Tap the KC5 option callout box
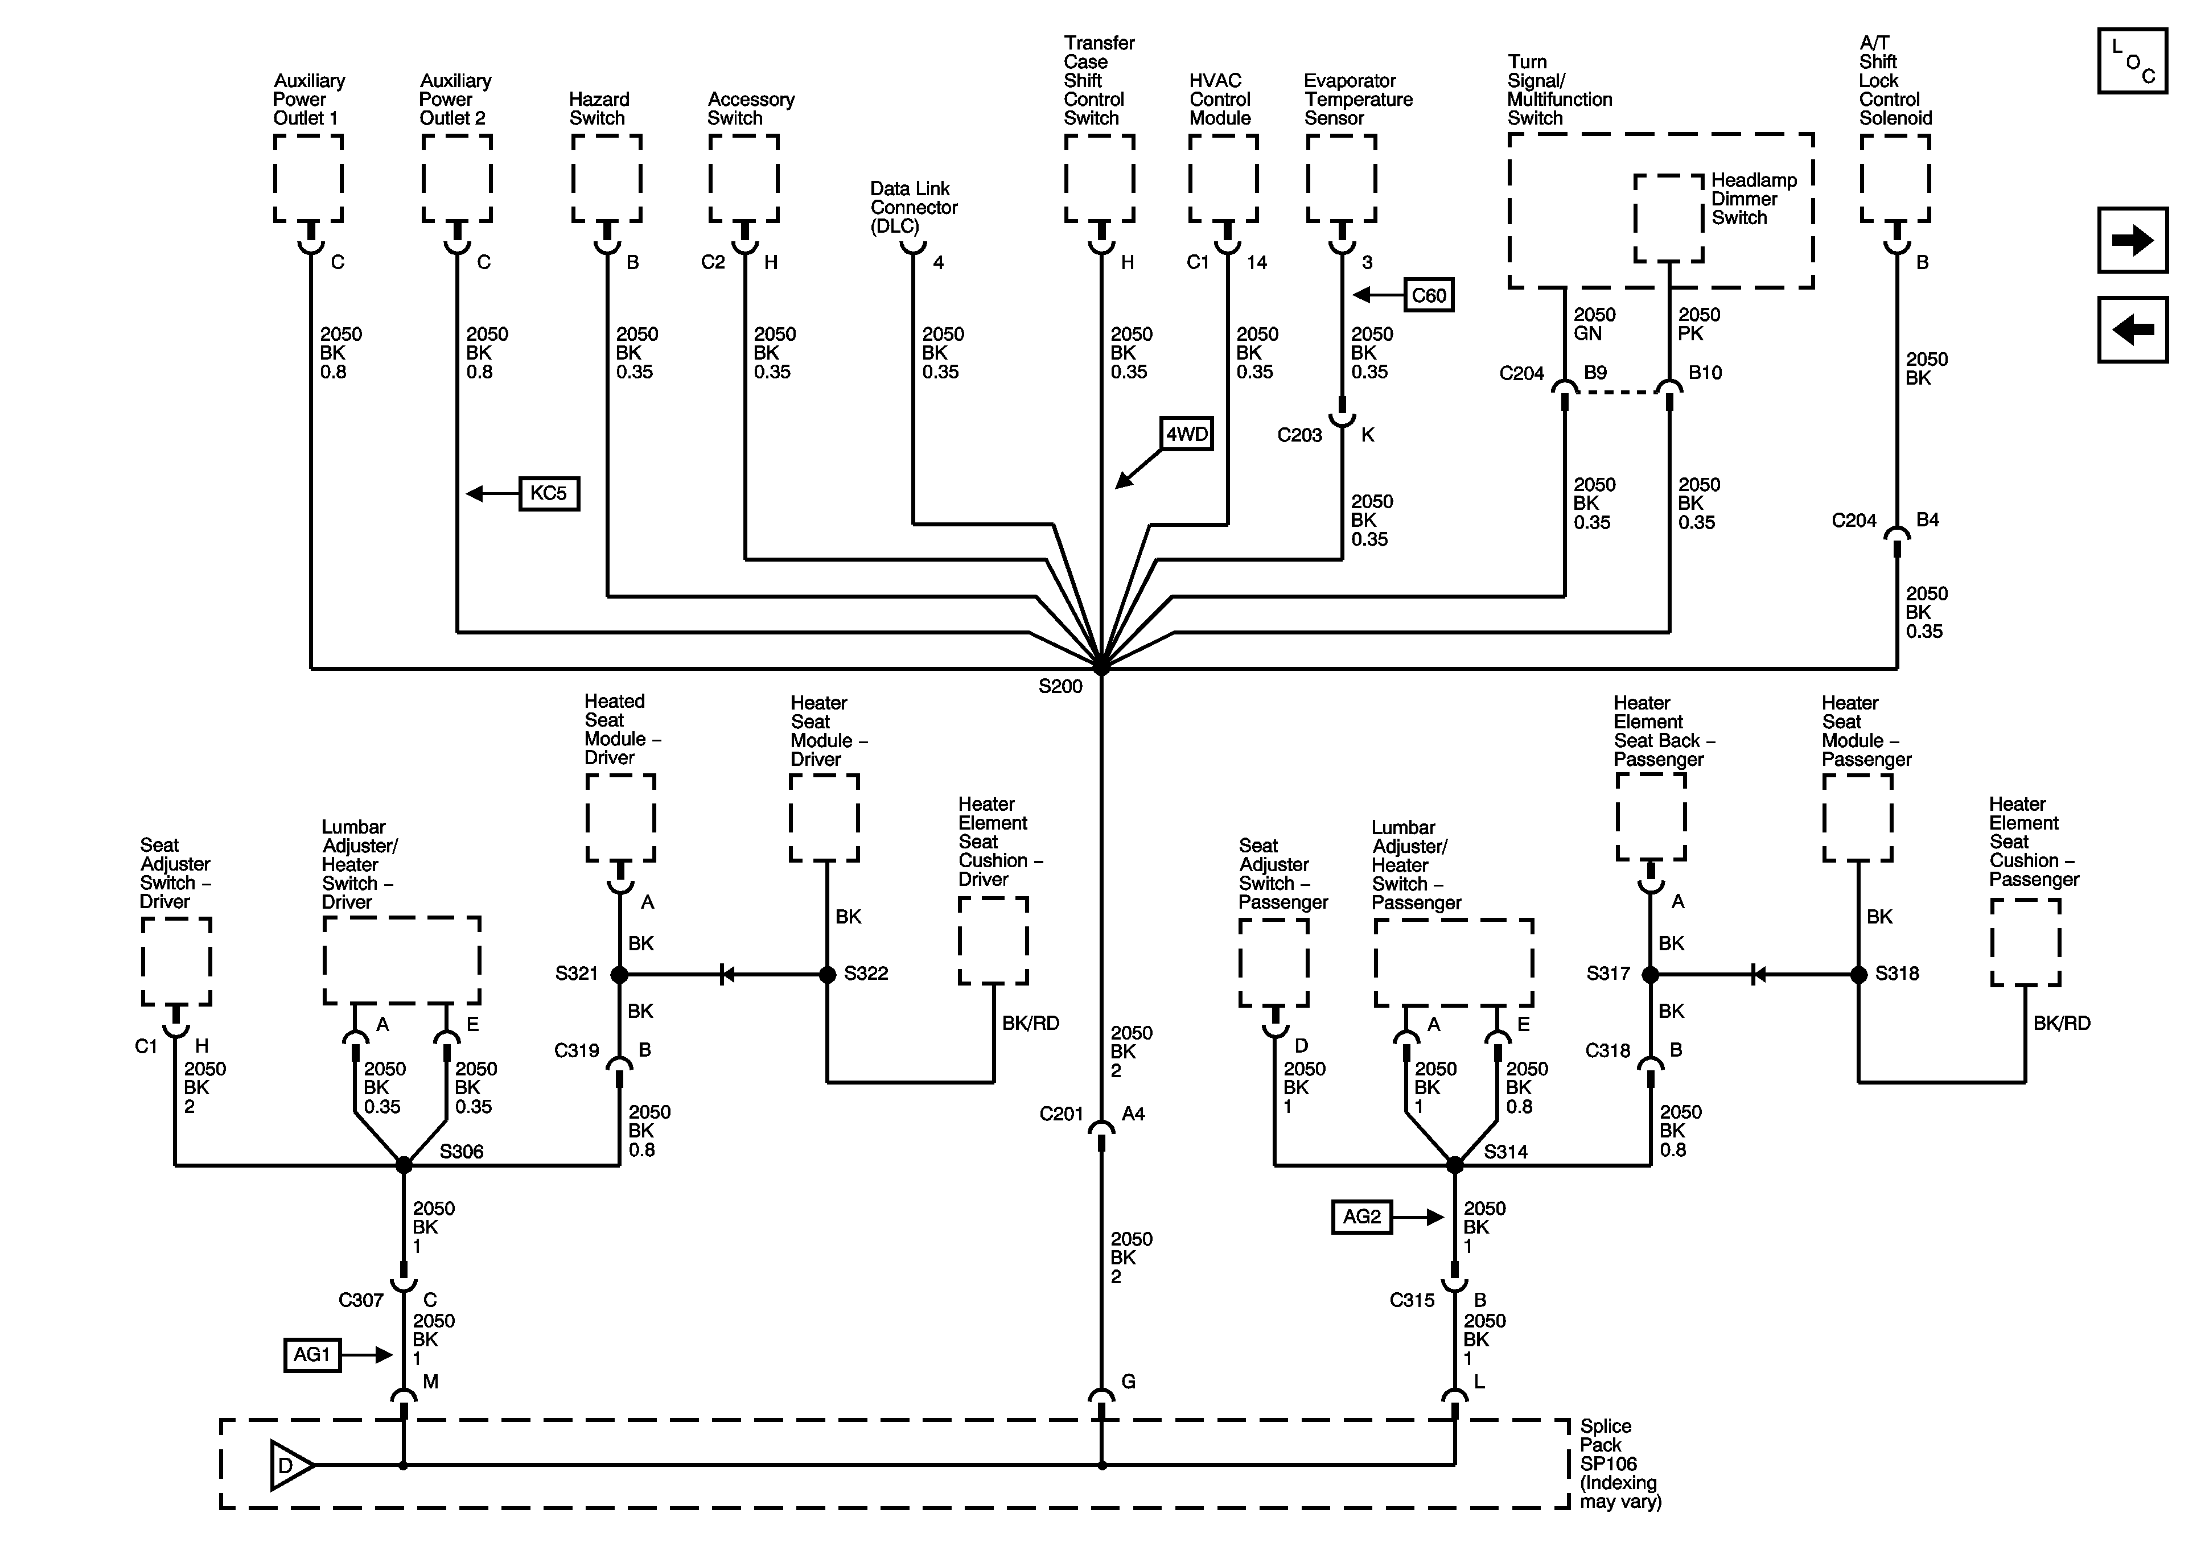(549, 493)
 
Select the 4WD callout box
(1187, 434)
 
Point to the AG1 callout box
(312, 1355)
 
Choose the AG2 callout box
(1362, 1217)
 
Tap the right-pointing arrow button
(2133, 240)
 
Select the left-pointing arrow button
(2133, 329)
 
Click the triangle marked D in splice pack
(290, 1465)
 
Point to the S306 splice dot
(404, 1165)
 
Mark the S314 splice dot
(1455, 1165)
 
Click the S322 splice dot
(827, 975)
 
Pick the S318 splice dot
(1858, 975)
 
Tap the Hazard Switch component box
(607, 179)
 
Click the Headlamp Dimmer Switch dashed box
(1669, 218)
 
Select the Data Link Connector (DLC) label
(914, 208)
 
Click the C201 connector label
(1061, 1114)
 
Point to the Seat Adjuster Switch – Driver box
(176, 961)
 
